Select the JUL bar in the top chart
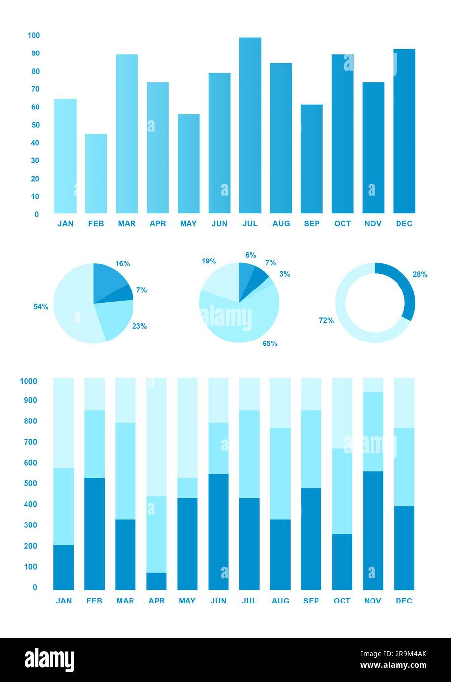tap(250, 125)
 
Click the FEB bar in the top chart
tap(96, 173)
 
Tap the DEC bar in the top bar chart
tap(404, 131)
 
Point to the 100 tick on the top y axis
tap(34, 35)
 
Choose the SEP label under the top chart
tap(312, 224)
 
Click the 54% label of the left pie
tap(41, 307)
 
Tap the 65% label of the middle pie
tap(270, 344)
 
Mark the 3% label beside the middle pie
tap(285, 274)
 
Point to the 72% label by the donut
tap(326, 321)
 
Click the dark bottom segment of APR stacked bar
tap(157, 581)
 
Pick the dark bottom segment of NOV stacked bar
tap(373, 530)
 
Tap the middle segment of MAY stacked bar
tap(187, 488)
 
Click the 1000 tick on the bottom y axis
tap(28, 381)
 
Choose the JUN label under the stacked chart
tap(218, 601)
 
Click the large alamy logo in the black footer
tap(50, 660)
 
